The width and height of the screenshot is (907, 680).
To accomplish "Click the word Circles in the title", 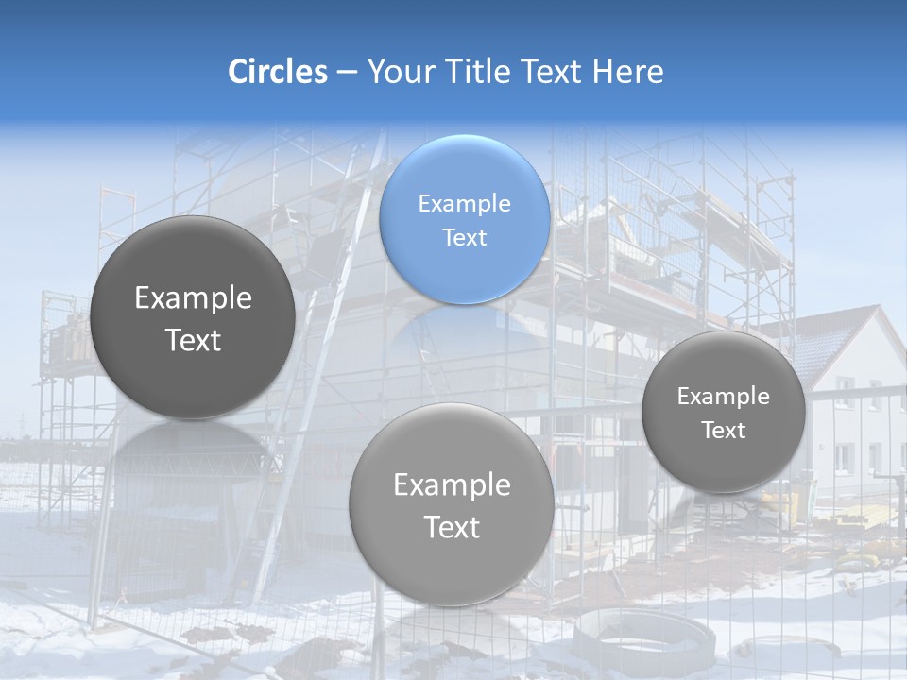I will pos(277,72).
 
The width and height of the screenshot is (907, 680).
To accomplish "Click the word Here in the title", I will pos(628,72).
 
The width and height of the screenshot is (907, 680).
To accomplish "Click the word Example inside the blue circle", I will pos(464,203).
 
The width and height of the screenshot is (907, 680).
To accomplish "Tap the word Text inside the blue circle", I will pos(464,237).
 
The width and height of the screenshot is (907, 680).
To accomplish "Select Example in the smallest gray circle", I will pos(723,396).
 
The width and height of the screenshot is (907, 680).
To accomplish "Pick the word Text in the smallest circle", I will pos(723,430).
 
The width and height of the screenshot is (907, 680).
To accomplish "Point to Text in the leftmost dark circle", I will pos(193,340).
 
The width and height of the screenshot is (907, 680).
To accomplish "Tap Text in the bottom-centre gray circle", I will pos(452,527).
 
